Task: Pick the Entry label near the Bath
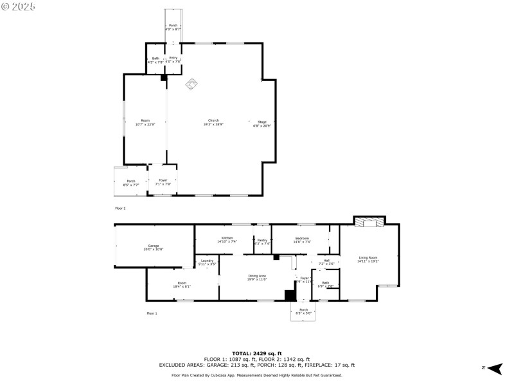coord(173,59)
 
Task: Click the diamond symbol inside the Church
coord(191,84)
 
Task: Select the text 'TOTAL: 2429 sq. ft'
coord(257,354)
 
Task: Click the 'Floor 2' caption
coord(120,208)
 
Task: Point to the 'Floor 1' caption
coord(152,313)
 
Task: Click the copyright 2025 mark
coord(19,6)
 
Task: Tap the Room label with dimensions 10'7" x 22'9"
coord(145,123)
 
